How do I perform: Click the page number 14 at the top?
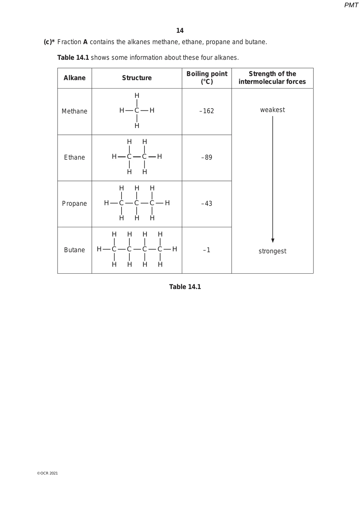point(180,31)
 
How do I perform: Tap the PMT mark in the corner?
point(351,5)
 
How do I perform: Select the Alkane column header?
point(74,78)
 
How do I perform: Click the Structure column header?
point(137,78)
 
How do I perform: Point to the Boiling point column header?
point(207,78)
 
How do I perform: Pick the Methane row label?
point(74,111)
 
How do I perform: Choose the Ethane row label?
point(74,158)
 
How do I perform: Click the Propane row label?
point(74,204)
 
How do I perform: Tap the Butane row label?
point(74,250)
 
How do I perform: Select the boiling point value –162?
point(207,111)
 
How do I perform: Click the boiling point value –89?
point(207,158)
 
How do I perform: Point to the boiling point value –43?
point(207,204)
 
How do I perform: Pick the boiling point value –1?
point(207,250)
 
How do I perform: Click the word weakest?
point(272,110)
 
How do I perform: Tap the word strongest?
point(272,251)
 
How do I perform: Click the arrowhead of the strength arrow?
point(273,240)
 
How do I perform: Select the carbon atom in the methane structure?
point(137,110)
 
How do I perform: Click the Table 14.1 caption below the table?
point(185,287)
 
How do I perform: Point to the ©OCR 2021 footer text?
point(47,473)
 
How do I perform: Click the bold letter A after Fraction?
point(85,42)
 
